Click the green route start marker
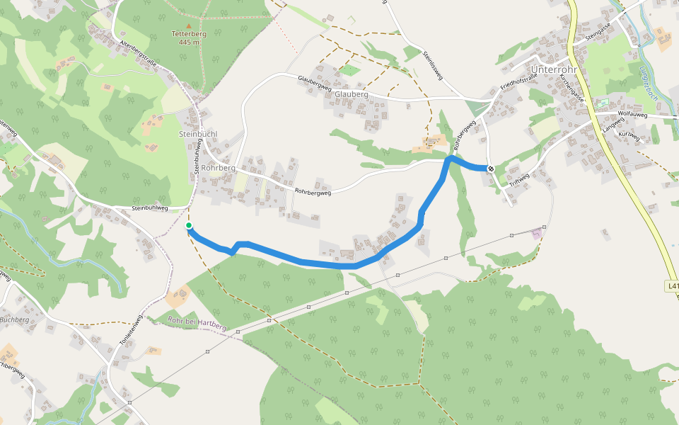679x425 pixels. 189,226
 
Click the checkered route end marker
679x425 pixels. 490,168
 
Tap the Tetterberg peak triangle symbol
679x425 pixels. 188,26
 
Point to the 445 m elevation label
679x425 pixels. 188,42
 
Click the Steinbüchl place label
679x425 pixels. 198,134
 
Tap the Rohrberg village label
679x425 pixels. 218,168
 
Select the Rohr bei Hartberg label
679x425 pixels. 197,324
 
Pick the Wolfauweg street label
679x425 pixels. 632,113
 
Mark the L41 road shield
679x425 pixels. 672,286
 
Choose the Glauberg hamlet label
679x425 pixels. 352,94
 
